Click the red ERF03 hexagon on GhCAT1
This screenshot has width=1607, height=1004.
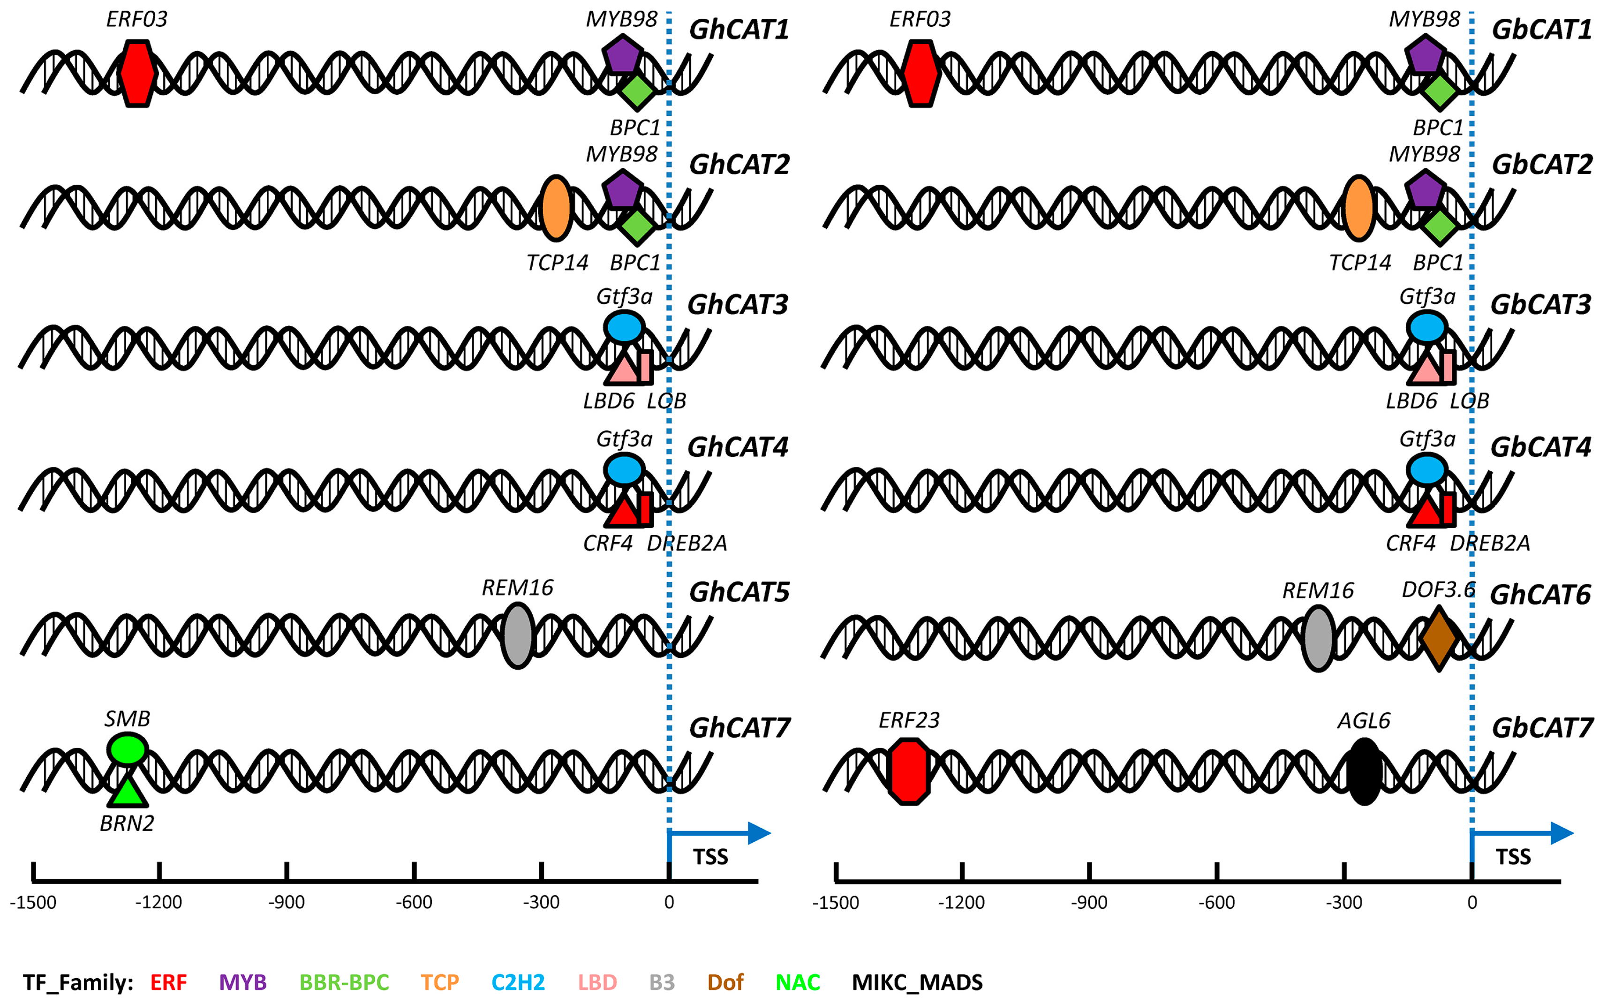tap(137, 73)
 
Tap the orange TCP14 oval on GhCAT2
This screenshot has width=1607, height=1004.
tap(556, 208)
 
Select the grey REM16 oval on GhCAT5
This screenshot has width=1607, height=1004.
tap(517, 635)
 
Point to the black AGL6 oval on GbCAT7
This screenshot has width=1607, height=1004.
tap(1364, 771)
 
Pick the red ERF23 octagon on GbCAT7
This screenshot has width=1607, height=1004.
tap(909, 771)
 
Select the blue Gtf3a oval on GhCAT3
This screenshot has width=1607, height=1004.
tap(624, 327)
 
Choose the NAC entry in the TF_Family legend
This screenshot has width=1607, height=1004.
tap(798, 982)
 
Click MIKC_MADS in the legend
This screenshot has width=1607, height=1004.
tap(917, 982)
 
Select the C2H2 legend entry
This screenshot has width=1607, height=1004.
tap(518, 982)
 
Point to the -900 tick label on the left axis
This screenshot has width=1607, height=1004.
tap(286, 902)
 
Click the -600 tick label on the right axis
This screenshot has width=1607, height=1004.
tap(1216, 902)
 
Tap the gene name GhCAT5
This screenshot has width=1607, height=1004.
tap(739, 592)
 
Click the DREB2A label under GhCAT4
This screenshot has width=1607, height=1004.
tap(687, 543)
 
